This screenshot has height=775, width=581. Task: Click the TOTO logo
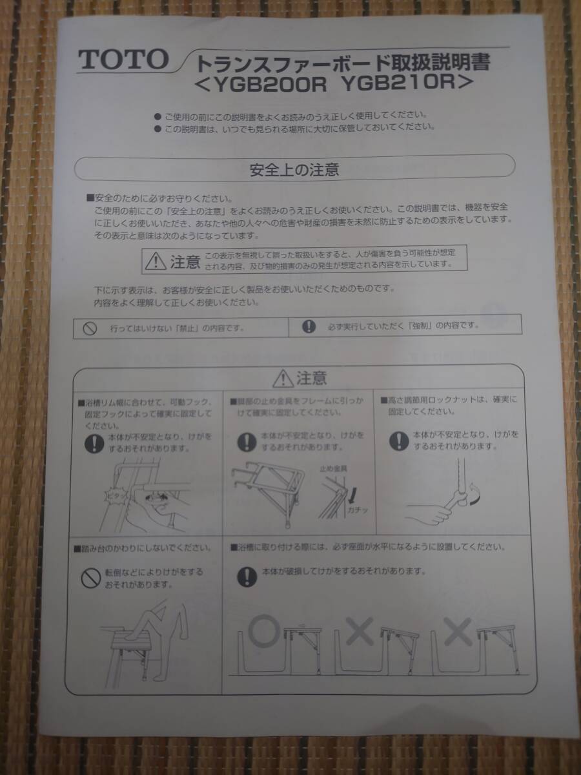pos(122,60)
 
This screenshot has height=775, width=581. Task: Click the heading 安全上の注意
pos(294,170)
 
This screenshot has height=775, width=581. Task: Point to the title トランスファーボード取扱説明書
pos(342,63)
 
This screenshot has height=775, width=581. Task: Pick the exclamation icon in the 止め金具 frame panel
pos(245,441)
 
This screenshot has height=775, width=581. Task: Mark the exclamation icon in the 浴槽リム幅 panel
pos(95,442)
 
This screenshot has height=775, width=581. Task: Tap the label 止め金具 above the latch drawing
pos(333,469)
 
